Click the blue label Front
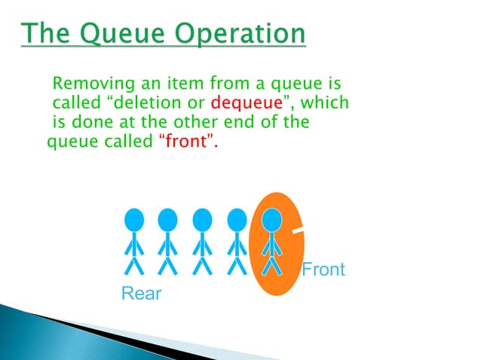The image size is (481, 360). pos(323,269)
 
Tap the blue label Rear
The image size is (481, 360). pos(141,294)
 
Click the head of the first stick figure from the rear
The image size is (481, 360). pos(133,219)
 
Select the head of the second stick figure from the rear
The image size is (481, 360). pos(167,219)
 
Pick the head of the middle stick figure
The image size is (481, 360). pos(202,219)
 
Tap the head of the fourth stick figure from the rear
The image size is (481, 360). pos(237,219)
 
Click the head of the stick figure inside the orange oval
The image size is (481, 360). pos(271,219)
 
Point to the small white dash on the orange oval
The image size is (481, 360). pos(298,230)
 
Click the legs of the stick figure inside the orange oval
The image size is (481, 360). pos(271,264)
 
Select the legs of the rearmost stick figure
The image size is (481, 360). pos(133,264)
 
